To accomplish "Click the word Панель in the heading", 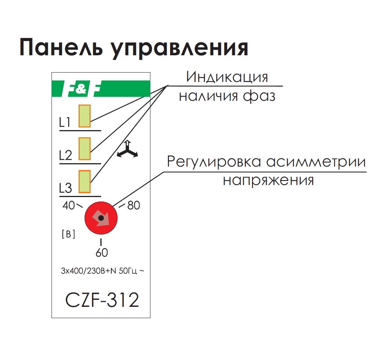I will click(61, 48).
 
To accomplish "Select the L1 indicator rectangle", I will click(84, 116).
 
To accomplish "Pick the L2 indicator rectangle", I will click(84, 149).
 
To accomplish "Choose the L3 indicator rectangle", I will click(84, 182).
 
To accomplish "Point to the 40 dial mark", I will click(69, 206).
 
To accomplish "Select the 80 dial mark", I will click(134, 206).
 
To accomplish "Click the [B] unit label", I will click(68, 234).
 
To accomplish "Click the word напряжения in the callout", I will click(268, 180).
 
